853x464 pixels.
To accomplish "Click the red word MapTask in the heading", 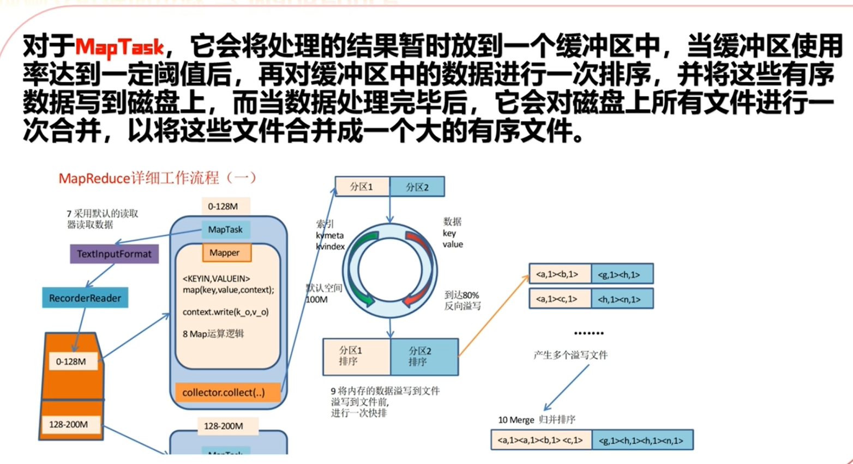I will (x=119, y=48).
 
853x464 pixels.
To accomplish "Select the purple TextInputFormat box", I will (x=114, y=254).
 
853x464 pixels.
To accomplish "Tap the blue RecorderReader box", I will (x=85, y=298).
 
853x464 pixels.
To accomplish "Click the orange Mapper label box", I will (x=225, y=252).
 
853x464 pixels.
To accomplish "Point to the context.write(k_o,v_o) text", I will (x=225, y=312).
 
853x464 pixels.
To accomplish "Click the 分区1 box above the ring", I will (x=362, y=186).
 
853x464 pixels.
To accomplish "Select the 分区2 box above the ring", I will (x=417, y=186).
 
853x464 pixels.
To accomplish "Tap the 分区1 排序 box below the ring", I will (x=356, y=357).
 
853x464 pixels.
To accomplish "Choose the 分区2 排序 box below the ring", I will (x=424, y=357).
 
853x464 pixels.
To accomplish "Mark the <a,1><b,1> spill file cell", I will (x=560, y=274).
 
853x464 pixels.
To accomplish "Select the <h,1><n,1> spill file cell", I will (x=622, y=299).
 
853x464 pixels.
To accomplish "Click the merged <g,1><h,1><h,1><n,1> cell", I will (x=642, y=440).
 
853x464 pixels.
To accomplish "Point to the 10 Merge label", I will (x=516, y=420).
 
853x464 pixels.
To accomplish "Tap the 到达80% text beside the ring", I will (x=461, y=295).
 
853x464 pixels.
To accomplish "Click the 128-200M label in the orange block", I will (x=69, y=424).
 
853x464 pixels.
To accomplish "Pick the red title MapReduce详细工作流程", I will (x=139, y=178).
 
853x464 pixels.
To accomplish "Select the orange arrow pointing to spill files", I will (x=494, y=315).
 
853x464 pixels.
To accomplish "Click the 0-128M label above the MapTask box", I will (x=223, y=207).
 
